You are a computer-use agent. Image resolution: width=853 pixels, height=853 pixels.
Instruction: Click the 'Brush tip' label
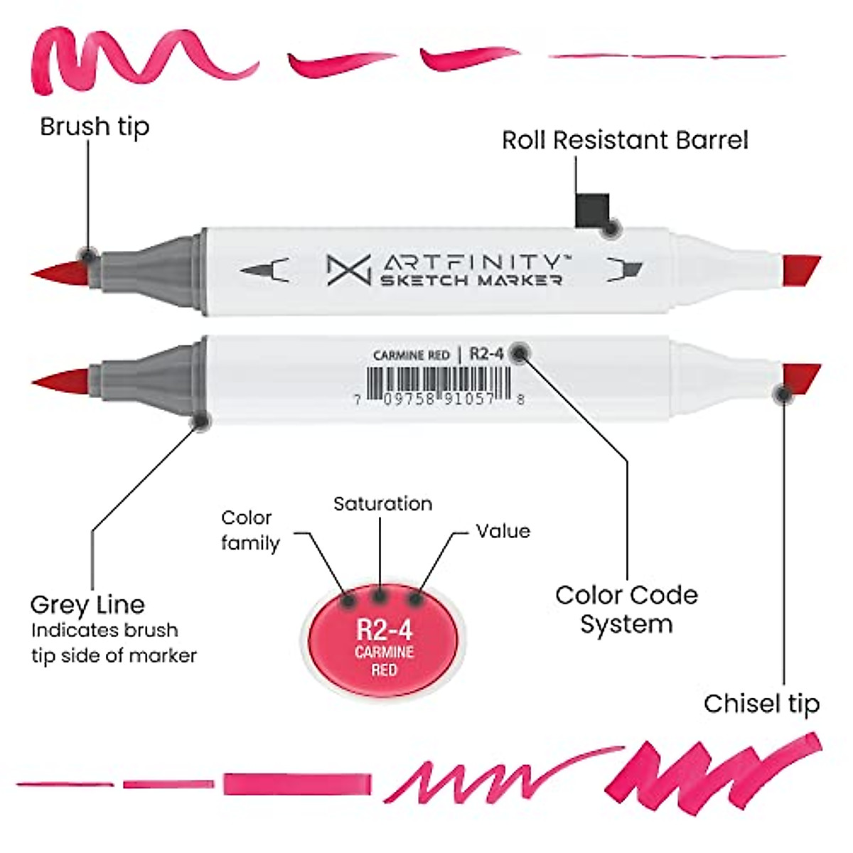point(95,127)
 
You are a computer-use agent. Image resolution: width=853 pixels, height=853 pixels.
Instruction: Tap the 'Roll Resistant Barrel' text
point(625,140)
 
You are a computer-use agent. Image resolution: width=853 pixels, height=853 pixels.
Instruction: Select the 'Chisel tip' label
point(761,703)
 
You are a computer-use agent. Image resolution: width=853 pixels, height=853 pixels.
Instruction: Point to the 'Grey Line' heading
point(87,605)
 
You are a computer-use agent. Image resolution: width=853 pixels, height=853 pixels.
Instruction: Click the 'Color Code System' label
point(626,609)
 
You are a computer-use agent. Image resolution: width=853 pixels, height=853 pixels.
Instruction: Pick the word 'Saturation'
point(382,504)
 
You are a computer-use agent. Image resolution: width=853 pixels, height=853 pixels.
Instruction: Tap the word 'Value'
point(503,531)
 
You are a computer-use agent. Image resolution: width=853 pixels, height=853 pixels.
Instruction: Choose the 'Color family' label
point(250,530)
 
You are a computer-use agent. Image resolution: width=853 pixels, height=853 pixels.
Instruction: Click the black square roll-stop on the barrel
point(591,210)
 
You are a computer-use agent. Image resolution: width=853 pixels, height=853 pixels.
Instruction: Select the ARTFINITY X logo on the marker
point(348,270)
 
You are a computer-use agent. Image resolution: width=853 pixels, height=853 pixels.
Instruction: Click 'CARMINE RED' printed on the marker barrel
point(411,355)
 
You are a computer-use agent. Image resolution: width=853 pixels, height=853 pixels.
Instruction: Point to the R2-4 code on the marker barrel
point(486,353)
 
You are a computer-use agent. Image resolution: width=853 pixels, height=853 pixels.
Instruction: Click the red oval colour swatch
point(384,640)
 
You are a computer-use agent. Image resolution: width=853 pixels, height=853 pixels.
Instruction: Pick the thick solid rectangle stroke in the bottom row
point(297,784)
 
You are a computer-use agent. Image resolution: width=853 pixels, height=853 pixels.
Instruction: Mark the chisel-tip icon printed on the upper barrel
point(625,269)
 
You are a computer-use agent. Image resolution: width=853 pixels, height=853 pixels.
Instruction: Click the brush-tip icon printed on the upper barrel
point(264,270)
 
